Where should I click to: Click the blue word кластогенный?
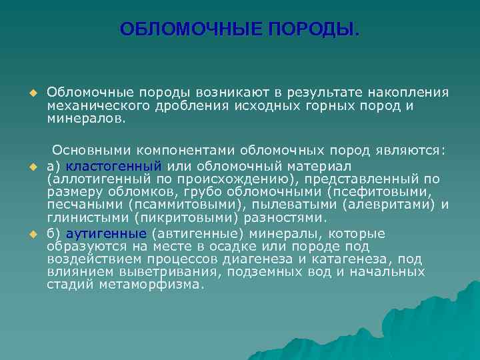(114, 165)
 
